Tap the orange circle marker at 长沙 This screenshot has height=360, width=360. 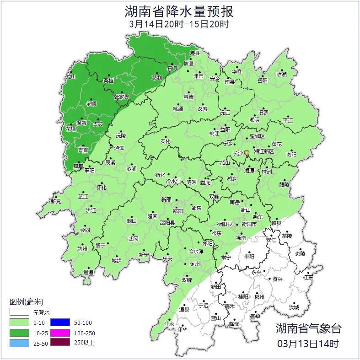[247, 152]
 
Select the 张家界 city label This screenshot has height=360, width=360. [122, 97]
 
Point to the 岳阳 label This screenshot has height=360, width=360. [263, 81]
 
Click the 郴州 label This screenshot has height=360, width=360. [260, 297]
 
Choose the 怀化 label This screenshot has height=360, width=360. [101, 188]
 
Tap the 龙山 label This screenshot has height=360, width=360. [70, 77]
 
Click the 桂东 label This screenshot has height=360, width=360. [308, 277]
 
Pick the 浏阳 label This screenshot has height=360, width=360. [291, 155]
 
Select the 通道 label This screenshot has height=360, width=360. [88, 272]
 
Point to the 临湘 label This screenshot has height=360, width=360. [282, 74]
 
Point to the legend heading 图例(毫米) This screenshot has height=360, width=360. [26, 302]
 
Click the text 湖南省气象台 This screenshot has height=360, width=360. [308, 328]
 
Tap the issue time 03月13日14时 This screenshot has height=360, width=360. [308, 343]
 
